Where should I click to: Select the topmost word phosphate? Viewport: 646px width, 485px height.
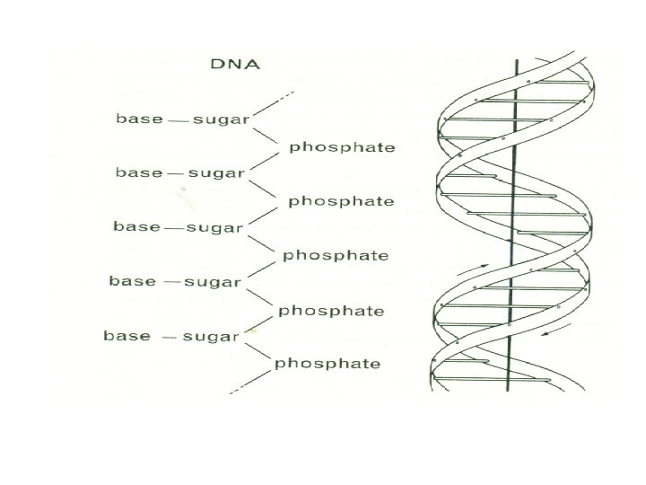(341, 146)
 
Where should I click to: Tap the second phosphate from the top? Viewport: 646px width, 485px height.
(340, 201)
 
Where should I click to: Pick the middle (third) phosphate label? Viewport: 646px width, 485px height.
(336, 255)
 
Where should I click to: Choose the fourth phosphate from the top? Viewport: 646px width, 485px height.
(331, 311)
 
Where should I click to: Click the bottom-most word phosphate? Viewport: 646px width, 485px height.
(327, 364)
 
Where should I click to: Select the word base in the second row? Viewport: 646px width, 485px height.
(139, 172)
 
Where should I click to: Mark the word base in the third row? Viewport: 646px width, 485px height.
(135, 226)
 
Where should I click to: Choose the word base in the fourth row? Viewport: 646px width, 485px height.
(132, 281)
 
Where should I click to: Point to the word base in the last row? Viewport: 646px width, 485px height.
(127, 336)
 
